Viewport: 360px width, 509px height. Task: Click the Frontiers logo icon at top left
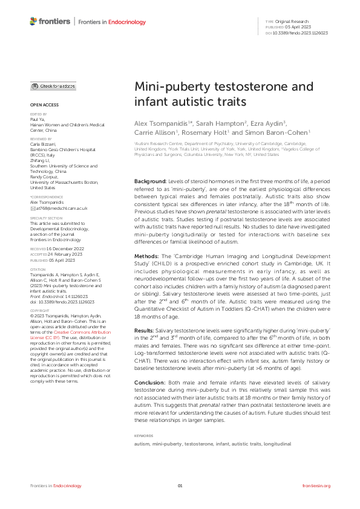[34, 22]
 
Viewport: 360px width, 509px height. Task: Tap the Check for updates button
[54, 86]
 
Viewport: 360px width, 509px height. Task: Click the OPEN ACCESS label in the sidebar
[44, 106]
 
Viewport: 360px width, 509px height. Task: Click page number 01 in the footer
[180, 486]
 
